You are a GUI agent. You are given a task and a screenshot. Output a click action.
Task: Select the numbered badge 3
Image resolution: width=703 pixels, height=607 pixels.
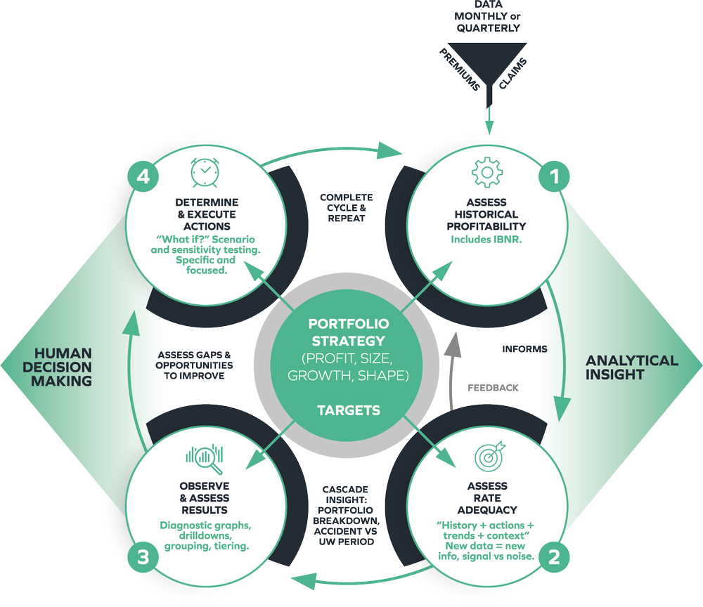143,558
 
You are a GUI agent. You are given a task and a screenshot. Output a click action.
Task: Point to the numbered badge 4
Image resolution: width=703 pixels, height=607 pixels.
143,177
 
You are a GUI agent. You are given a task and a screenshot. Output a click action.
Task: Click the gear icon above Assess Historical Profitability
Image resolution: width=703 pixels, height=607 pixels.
486,171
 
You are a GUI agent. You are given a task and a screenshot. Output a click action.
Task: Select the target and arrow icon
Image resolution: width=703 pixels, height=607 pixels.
490,457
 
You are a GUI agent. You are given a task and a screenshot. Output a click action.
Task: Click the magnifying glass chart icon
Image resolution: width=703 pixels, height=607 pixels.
205,459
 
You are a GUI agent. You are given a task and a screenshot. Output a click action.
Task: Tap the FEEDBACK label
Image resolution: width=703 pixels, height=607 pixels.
493,388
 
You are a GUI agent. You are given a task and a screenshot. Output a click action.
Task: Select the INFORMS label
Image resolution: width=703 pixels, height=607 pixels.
525,348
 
